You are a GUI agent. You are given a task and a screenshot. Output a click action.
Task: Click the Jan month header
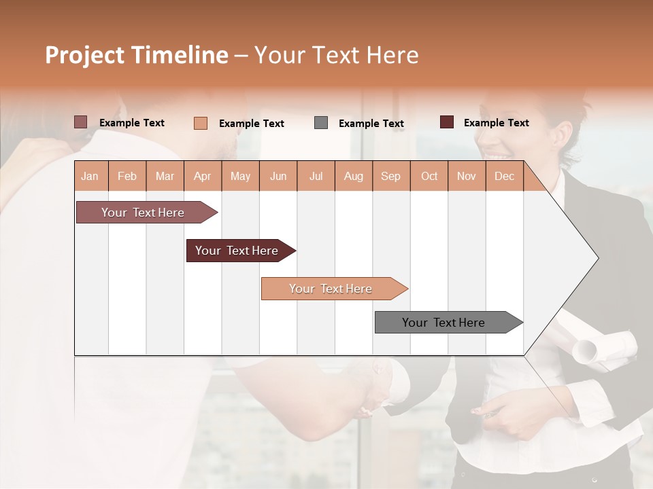tap(90, 176)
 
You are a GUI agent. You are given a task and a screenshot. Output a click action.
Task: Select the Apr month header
tap(203, 176)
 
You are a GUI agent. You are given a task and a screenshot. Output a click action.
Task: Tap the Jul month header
tap(316, 176)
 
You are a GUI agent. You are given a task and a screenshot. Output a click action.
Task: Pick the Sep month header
tap(390, 176)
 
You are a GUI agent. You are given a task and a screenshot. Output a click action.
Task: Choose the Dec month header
tap(504, 176)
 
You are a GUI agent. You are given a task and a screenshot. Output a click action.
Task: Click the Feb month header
tap(127, 176)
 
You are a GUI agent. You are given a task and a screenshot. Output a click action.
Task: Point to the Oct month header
tap(429, 176)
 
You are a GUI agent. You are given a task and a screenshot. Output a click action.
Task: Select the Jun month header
tap(278, 176)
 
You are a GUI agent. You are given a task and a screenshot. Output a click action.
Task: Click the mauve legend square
tap(80, 122)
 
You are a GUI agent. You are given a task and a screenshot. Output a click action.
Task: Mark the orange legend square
tap(201, 123)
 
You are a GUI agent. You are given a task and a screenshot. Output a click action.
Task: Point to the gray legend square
tap(321, 123)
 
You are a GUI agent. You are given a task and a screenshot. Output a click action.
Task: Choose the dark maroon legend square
tap(447, 122)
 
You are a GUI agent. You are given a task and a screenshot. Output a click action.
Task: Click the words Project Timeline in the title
tap(136, 55)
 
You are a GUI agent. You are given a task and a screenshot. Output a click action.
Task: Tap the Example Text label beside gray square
tap(371, 124)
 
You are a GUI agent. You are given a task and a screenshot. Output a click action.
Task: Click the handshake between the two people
tap(371, 387)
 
